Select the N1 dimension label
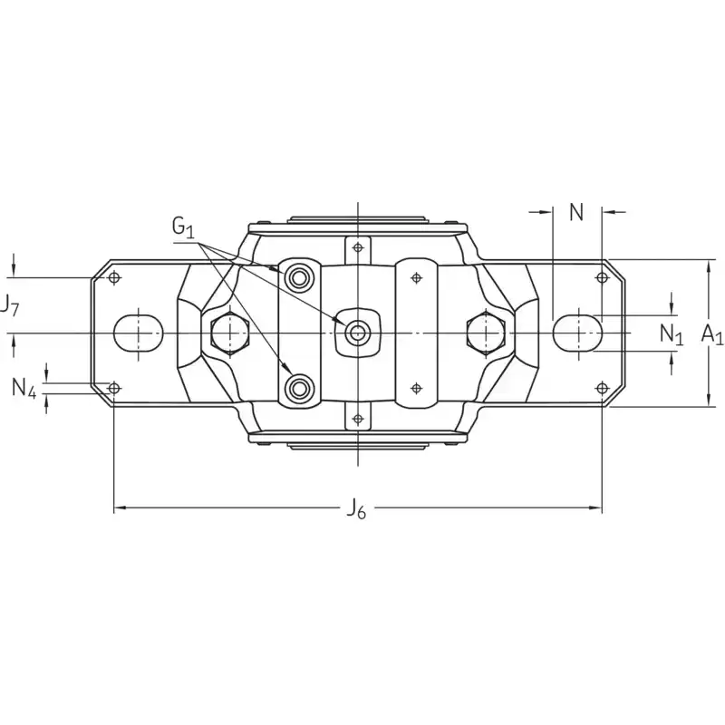point(671,333)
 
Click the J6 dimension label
point(356,510)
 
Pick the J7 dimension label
point(9,305)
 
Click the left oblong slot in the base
point(138,333)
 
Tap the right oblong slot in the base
point(577,333)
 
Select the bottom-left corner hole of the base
point(114,389)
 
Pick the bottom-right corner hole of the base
point(602,389)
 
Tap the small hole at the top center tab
point(358,247)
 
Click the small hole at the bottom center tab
point(358,419)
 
